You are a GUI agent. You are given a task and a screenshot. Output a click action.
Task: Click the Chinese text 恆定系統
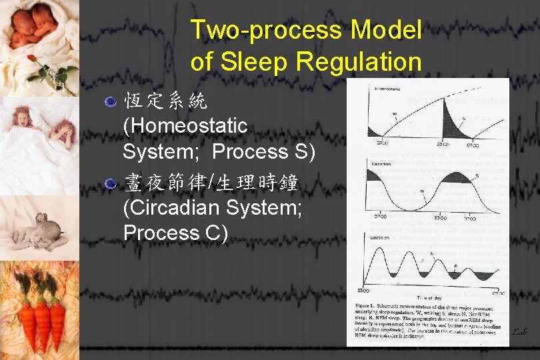tap(165, 101)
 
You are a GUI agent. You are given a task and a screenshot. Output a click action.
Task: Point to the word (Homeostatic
tap(185, 125)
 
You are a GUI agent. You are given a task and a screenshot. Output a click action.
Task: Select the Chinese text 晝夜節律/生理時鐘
tap(211, 182)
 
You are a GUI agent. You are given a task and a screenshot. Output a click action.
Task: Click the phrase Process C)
tap(176, 233)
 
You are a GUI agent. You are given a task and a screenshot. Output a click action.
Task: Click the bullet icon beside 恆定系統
tap(111, 102)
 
